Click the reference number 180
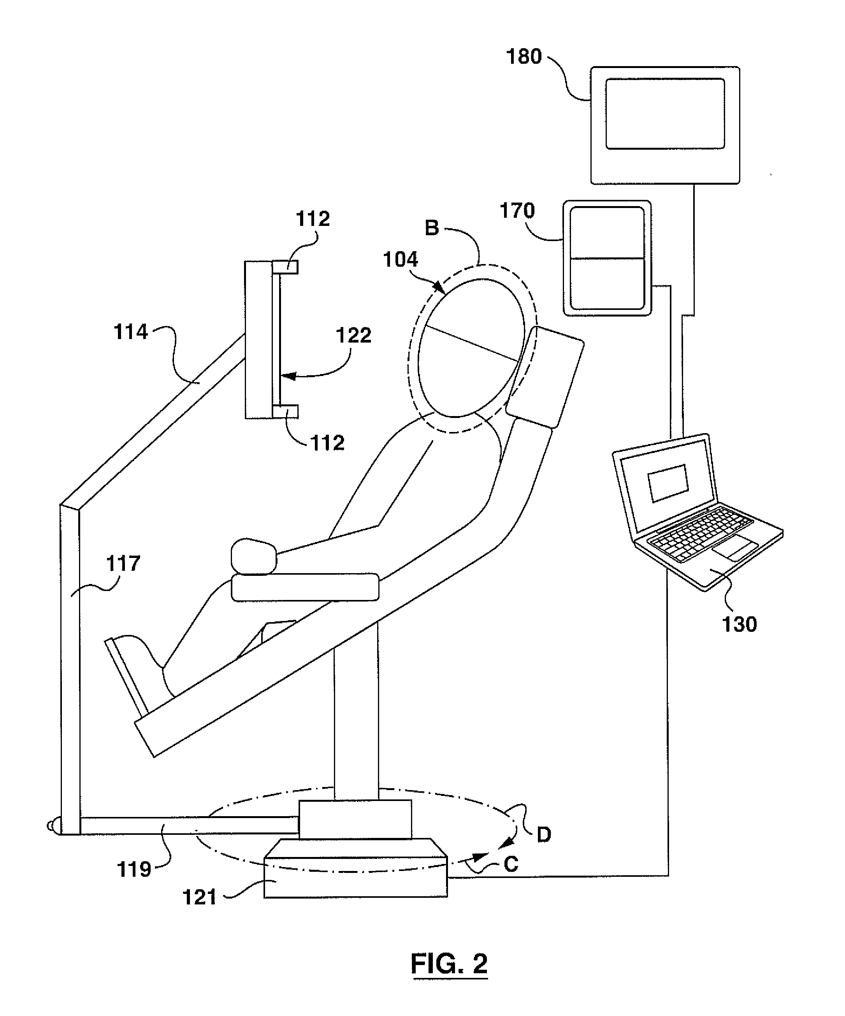coord(524,57)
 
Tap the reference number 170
coord(516,211)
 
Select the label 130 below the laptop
coord(739,624)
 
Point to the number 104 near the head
coord(401,260)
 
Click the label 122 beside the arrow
coord(353,335)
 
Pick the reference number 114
coord(130,332)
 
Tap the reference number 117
coord(123,564)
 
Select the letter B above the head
coord(432,228)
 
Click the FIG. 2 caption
coord(449,964)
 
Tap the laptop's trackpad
coord(734,549)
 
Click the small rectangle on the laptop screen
coord(668,483)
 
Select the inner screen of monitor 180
coord(665,114)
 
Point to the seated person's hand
coord(253,556)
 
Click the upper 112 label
coord(313,219)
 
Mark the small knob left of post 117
coord(51,826)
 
